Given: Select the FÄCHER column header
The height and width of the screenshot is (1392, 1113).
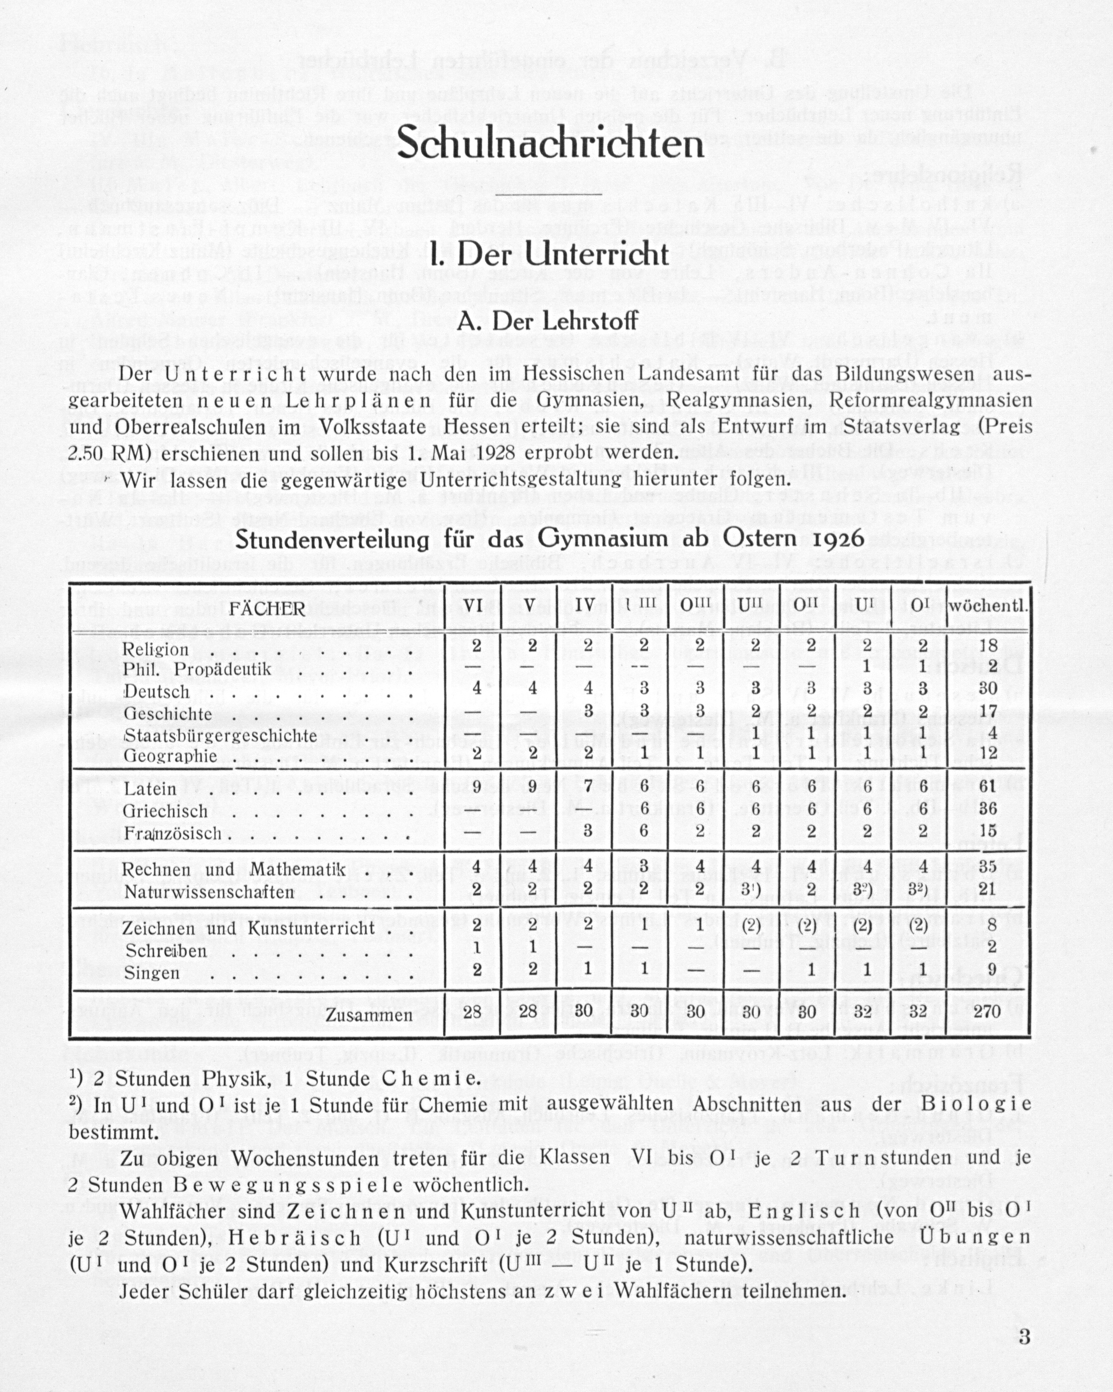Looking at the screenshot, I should [x=267, y=608].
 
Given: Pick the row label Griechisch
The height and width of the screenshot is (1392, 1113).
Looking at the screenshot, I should [x=165, y=811].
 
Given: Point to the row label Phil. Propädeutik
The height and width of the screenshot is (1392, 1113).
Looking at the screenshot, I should [x=196, y=669].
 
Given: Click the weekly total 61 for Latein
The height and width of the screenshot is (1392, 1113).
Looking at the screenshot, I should [x=988, y=788].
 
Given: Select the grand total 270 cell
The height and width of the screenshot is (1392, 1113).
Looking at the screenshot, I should [x=987, y=1011].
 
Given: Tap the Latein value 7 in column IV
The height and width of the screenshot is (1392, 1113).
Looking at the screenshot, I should [x=587, y=788].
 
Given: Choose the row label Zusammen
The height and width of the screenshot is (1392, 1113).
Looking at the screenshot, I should [x=369, y=1015].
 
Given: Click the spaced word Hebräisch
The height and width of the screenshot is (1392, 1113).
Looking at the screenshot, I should [x=294, y=1237].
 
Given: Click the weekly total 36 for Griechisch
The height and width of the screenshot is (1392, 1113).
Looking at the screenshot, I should [x=988, y=809].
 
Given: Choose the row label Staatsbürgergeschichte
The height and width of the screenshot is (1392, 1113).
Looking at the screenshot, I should [x=220, y=736].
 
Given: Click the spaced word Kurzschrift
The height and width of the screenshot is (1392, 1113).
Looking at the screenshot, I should [x=435, y=1264].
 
